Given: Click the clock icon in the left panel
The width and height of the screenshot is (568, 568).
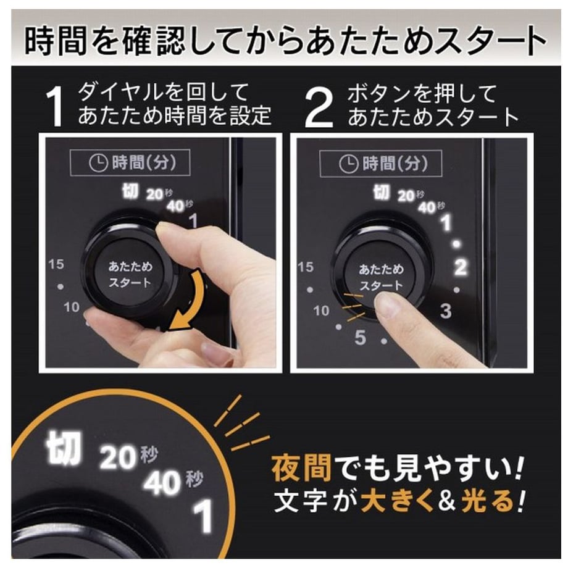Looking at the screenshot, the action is (x=98, y=162).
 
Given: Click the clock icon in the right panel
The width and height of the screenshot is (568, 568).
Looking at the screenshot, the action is (x=348, y=164).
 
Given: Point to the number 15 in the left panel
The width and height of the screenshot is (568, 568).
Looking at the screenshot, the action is (x=56, y=264).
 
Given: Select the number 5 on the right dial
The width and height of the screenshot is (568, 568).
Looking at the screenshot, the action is (x=360, y=337).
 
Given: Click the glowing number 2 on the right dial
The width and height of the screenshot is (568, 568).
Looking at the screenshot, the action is (x=460, y=267).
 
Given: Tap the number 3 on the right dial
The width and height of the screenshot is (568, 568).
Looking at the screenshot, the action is (x=446, y=311).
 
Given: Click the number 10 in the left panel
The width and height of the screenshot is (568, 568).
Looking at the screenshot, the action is (x=72, y=307).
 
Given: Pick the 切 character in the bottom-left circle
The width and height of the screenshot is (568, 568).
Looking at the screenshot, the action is (x=63, y=448).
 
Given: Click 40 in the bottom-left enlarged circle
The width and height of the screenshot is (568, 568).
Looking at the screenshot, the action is (x=162, y=483).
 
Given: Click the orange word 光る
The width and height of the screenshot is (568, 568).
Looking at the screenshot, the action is (x=488, y=501).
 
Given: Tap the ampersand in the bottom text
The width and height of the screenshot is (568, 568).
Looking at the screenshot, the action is (x=447, y=501).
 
